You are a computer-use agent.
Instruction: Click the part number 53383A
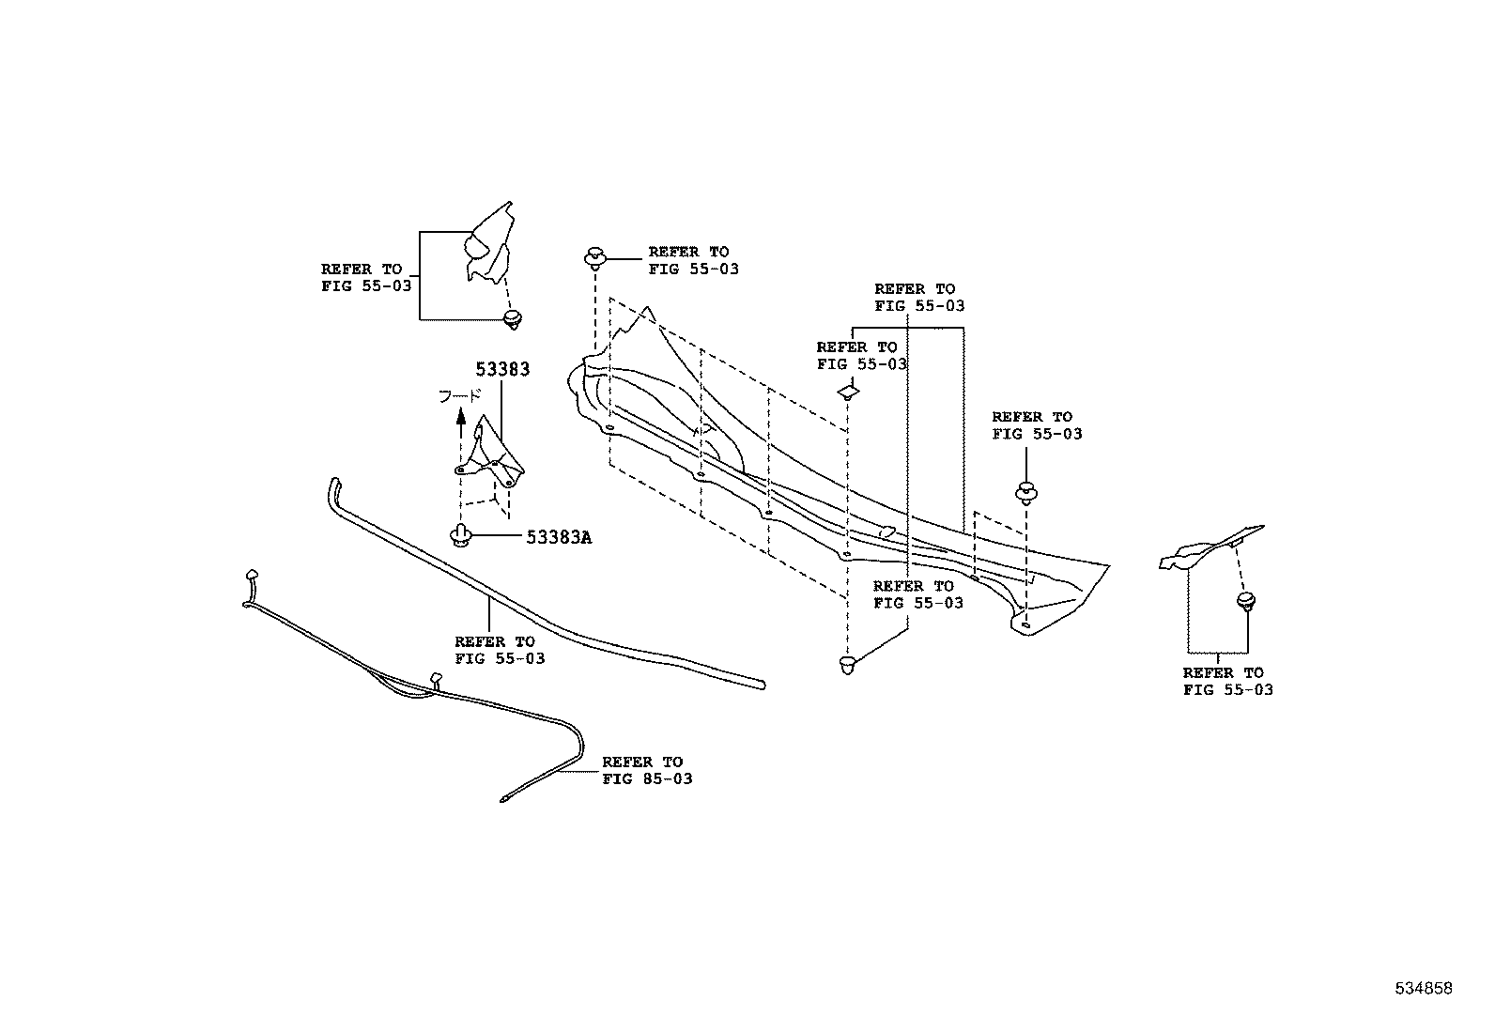pos(559,537)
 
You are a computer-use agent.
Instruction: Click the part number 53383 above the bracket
pos(501,369)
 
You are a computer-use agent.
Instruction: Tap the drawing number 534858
pos(1423,988)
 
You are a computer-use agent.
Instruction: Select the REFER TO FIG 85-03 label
pos(647,770)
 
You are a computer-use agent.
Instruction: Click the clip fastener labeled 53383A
pos(460,536)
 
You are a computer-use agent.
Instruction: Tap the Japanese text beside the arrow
pos(460,397)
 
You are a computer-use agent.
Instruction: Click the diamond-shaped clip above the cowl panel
pos(849,390)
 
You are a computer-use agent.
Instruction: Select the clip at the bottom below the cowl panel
pos(847,666)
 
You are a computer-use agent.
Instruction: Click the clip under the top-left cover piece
pos(511,320)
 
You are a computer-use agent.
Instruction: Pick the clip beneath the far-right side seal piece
pos(1246,601)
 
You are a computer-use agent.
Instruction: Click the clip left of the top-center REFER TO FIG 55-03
pos(595,256)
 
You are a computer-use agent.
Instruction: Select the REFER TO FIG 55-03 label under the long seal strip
pos(499,650)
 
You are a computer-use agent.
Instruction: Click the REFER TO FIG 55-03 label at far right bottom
pos(1227,681)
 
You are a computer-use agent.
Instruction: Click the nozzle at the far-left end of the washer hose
pos(251,574)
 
